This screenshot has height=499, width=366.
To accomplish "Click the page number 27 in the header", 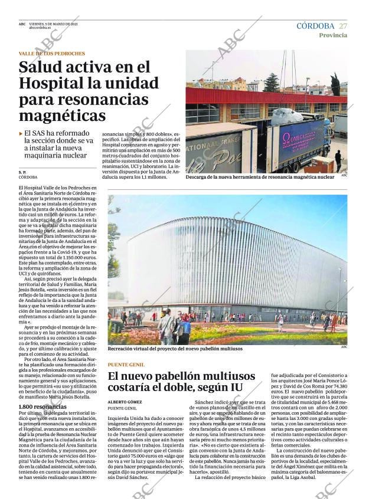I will pyautogui.click(x=343, y=26).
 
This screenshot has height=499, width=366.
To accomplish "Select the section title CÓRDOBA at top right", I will pyautogui.click(x=315, y=26).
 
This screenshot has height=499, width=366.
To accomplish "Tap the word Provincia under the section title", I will pyautogui.click(x=333, y=35).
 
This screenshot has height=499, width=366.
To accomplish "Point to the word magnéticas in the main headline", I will pyautogui.click(x=62, y=115).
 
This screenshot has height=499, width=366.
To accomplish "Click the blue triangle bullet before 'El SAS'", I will pyautogui.click(x=21, y=134).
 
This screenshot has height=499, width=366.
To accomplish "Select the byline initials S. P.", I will pyautogui.click(x=22, y=172).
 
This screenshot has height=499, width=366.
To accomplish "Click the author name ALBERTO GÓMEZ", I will pyautogui.click(x=125, y=401).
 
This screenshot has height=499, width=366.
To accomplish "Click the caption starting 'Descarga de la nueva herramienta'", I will pyautogui.click(x=259, y=176).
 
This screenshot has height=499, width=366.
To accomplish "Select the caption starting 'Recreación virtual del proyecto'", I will pyautogui.click(x=175, y=349).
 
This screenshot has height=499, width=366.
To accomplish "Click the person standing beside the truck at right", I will pyautogui.click(x=338, y=159).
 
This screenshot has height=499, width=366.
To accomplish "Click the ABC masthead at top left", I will pyautogui.click(x=22, y=24).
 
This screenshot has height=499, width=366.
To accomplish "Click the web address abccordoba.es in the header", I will pyautogui.click(x=40, y=28).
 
